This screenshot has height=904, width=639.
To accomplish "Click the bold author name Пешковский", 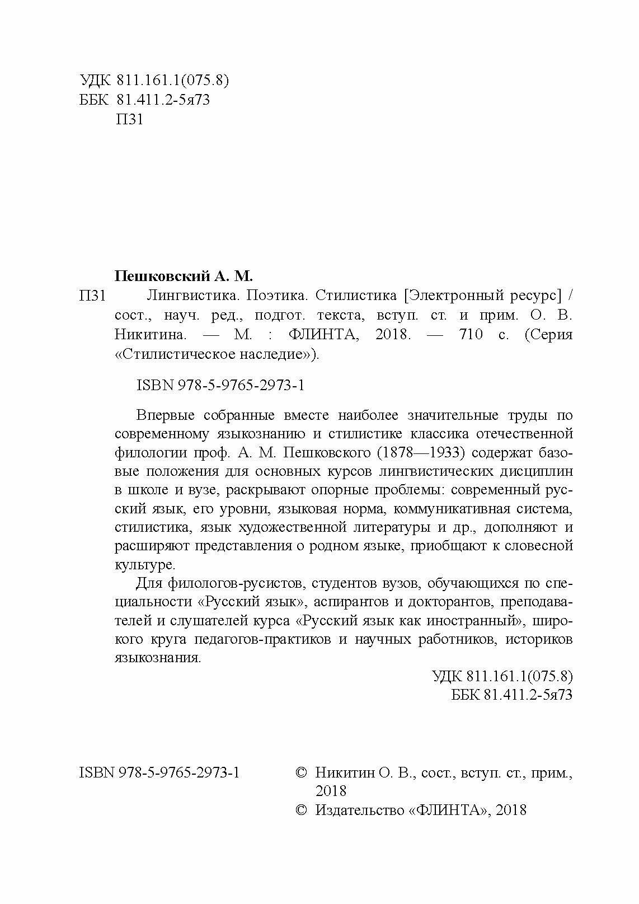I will (161, 276).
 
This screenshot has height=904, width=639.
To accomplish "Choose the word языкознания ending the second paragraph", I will (157, 658).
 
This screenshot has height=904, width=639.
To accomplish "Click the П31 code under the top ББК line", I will (129, 120).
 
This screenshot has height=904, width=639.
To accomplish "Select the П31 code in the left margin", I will (92, 296).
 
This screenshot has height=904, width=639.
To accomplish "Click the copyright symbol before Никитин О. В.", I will (301, 773).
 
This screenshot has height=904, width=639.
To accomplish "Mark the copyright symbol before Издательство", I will (301, 810).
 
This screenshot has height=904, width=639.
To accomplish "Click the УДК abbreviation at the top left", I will (96, 81).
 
